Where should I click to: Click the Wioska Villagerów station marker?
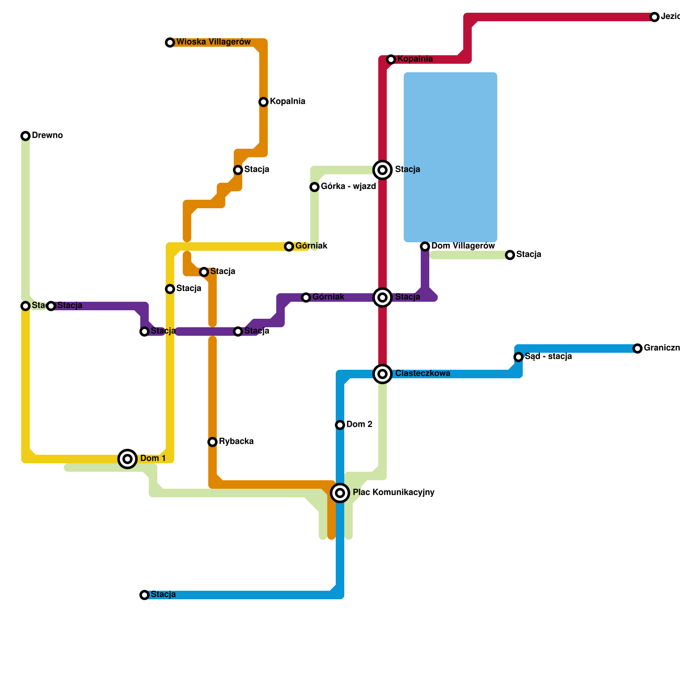tap(170, 42)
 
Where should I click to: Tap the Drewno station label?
tap(47, 136)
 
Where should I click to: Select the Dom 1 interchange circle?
tap(127, 459)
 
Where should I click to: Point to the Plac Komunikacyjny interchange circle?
tap(340, 493)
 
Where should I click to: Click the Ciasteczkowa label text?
tap(422, 374)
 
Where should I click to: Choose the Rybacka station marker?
tap(212, 442)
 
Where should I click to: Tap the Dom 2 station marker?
tap(340, 425)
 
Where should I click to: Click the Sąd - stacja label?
tap(548, 357)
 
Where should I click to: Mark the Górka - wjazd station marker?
tap(314, 187)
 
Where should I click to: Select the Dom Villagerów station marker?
tap(425, 246)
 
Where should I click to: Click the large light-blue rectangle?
tap(450, 157)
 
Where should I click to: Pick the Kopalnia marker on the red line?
tap(391, 59)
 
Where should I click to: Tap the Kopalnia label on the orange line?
tap(287, 102)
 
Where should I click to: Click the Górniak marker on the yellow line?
tap(289, 246)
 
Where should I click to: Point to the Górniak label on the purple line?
tap(328, 297)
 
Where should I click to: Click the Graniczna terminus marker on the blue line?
tap(637, 348)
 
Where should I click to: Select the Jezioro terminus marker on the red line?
tap(654, 17)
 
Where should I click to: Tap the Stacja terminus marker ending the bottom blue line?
tap(144, 595)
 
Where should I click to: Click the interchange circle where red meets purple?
tap(382, 297)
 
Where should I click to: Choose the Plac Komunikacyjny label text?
tap(393, 493)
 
